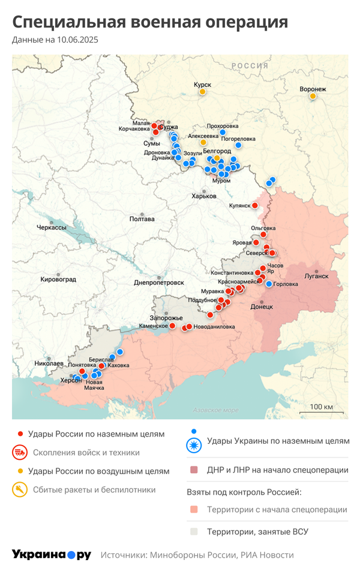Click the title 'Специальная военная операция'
pos(150,22)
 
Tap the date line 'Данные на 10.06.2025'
pos(55,40)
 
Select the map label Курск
pos(202,85)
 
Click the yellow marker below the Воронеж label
pos(313,97)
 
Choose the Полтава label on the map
pos(142,219)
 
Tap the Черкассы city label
pos(51,228)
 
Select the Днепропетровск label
pos(158,282)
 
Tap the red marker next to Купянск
pos(254,206)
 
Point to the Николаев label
pos(49,363)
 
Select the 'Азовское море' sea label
pos(215,410)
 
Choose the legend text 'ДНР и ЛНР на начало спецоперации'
pos(277,470)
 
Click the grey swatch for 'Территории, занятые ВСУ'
pos(193,531)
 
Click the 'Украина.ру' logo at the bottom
pos(52,555)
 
